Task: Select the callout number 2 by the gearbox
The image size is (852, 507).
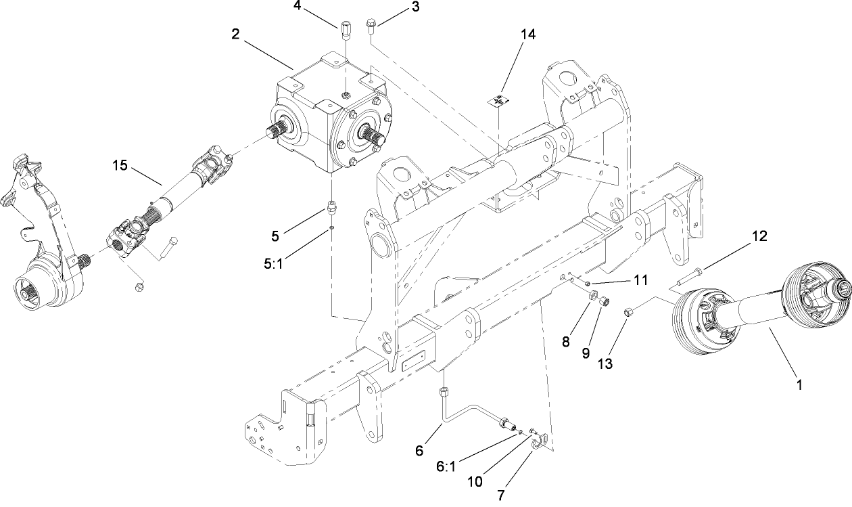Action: click(x=235, y=34)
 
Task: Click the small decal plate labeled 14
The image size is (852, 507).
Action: click(x=498, y=100)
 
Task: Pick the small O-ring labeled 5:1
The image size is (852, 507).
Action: click(x=332, y=228)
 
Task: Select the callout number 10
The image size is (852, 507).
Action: click(x=476, y=481)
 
